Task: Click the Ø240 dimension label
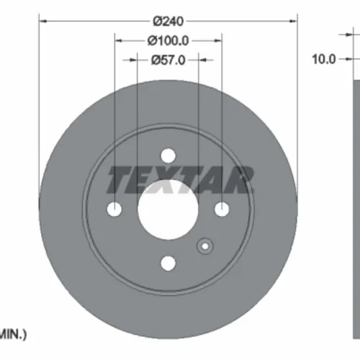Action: [x=168, y=22]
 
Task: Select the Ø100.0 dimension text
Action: [x=168, y=41]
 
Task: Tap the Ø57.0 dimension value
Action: [x=168, y=60]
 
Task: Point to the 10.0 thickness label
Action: [x=323, y=59]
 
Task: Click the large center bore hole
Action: [x=168, y=210]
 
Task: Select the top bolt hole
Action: [x=168, y=156]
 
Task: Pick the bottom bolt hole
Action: [x=168, y=264]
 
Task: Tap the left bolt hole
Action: [x=114, y=209]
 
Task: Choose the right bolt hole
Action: [x=222, y=209]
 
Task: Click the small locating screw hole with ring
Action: [x=205, y=246]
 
